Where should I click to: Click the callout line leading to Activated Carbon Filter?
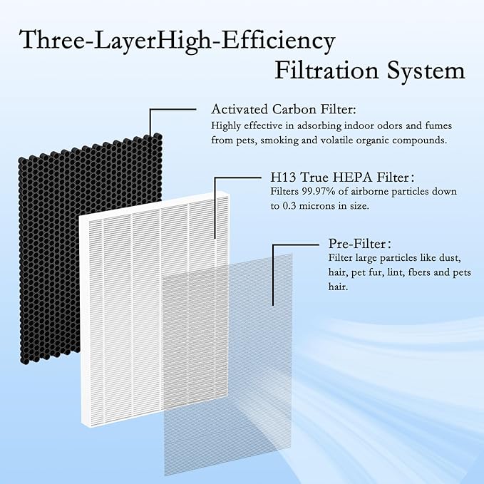[171, 109]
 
